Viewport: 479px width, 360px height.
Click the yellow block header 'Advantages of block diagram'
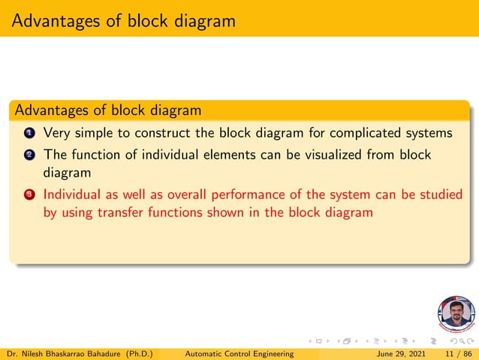click(x=107, y=110)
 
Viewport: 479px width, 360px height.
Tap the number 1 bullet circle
click(x=29, y=134)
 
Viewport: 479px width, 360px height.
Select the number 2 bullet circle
click(x=29, y=155)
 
